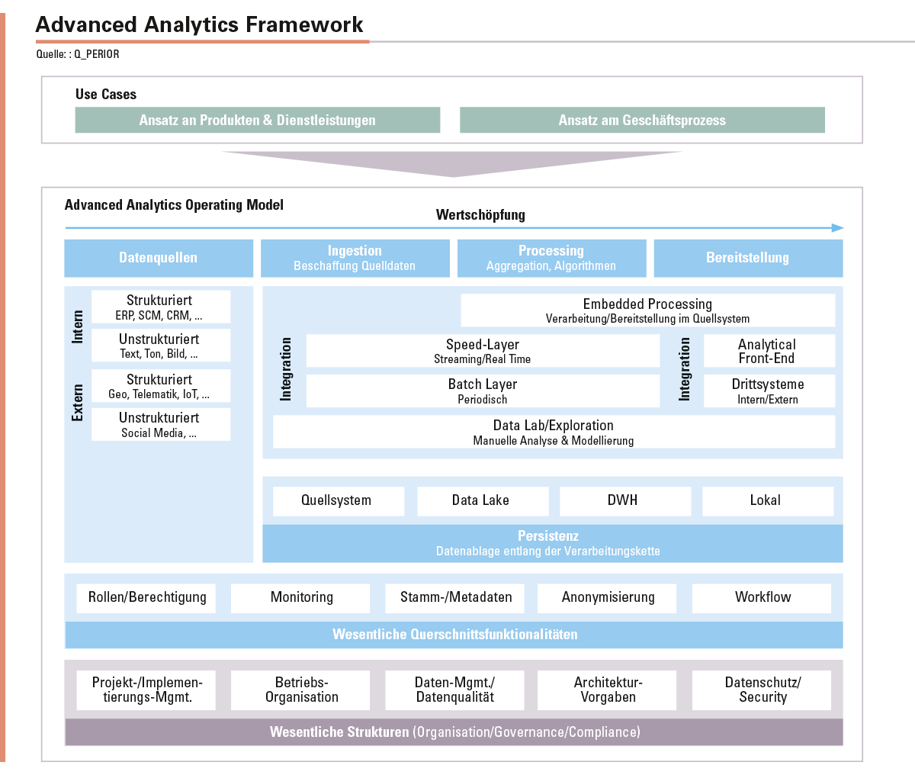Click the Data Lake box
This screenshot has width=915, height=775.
pyautogui.click(x=483, y=501)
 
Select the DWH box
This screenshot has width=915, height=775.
pyautogui.click(x=625, y=501)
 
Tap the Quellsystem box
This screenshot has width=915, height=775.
pyautogui.click(x=339, y=501)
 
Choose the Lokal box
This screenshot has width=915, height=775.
pyautogui.click(x=768, y=501)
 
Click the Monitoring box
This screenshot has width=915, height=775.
pyautogui.click(x=300, y=598)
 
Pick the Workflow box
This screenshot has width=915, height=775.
pyautogui.click(x=762, y=598)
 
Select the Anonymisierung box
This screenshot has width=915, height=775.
pyautogui.click(x=607, y=598)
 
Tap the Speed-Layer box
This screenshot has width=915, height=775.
pyautogui.click(x=483, y=351)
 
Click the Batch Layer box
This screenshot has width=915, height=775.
pyautogui.click(x=483, y=391)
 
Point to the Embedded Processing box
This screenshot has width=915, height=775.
pyautogui.click(x=648, y=310)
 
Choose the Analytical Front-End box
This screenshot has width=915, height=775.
pyautogui.click(x=769, y=351)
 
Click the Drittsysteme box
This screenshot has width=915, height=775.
pyautogui.click(x=769, y=391)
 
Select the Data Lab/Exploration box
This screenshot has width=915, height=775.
pyautogui.click(x=554, y=431)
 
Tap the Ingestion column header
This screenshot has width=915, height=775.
pyautogui.click(x=355, y=258)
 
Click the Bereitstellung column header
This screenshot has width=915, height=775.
pyautogui.click(x=749, y=258)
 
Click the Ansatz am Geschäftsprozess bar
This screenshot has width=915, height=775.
pyautogui.click(x=642, y=120)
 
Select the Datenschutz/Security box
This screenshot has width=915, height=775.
pyautogui.click(x=762, y=690)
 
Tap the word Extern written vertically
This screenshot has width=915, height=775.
pyautogui.click(x=78, y=403)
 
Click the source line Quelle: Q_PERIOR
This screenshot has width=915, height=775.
pyautogui.click(x=78, y=54)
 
